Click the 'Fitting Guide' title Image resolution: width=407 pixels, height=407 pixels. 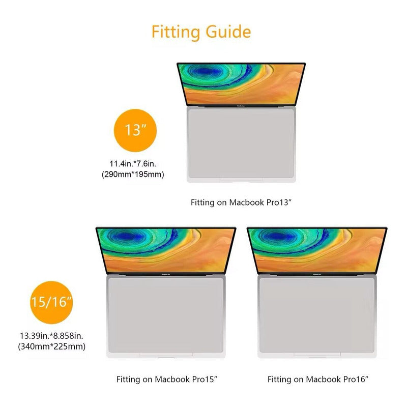[x=201, y=32]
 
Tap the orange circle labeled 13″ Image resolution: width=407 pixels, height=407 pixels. [x=135, y=130]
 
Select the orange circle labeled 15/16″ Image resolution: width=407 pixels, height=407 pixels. [x=52, y=302]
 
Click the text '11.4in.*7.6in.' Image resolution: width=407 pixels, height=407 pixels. [x=133, y=164]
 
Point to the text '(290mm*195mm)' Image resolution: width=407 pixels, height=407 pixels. [x=133, y=174]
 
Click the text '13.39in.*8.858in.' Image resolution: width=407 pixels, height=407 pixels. [x=52, y=336]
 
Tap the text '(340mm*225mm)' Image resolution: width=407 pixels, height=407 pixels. [x=52, y=346]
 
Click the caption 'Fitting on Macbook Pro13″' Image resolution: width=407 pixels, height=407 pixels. [x=241, y=202]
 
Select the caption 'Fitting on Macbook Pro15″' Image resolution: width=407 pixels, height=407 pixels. [x=167, y=380]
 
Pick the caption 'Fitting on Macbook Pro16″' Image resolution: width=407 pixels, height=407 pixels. [x=318, y=380]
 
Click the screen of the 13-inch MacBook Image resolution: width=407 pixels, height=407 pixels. [x=241, y=84]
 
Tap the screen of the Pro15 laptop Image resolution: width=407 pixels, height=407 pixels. [x=166, y=250]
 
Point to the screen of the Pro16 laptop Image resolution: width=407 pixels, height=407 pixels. [x=317, y=250]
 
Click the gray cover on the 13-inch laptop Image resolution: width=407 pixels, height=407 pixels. [x=241, y=143]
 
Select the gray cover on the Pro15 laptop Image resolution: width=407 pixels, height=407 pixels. [x=166, y=315]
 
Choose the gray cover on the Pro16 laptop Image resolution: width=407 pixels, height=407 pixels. [x=317, y=315]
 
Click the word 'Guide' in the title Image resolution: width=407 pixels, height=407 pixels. [x=228, y=32]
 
